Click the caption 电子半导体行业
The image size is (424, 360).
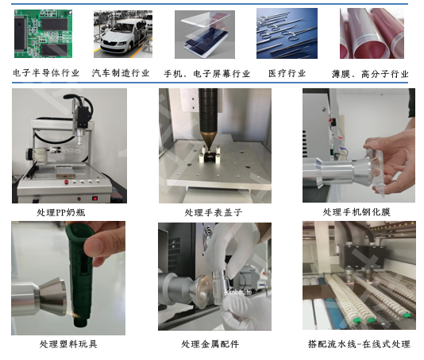pos(47,73)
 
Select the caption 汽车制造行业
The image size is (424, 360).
pos(121,73)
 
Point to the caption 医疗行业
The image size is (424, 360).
pos(287,73)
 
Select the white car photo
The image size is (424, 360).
pos(122,33)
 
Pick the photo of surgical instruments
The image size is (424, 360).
pos(287,33)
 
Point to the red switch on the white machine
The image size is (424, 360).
pos(96,196)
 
